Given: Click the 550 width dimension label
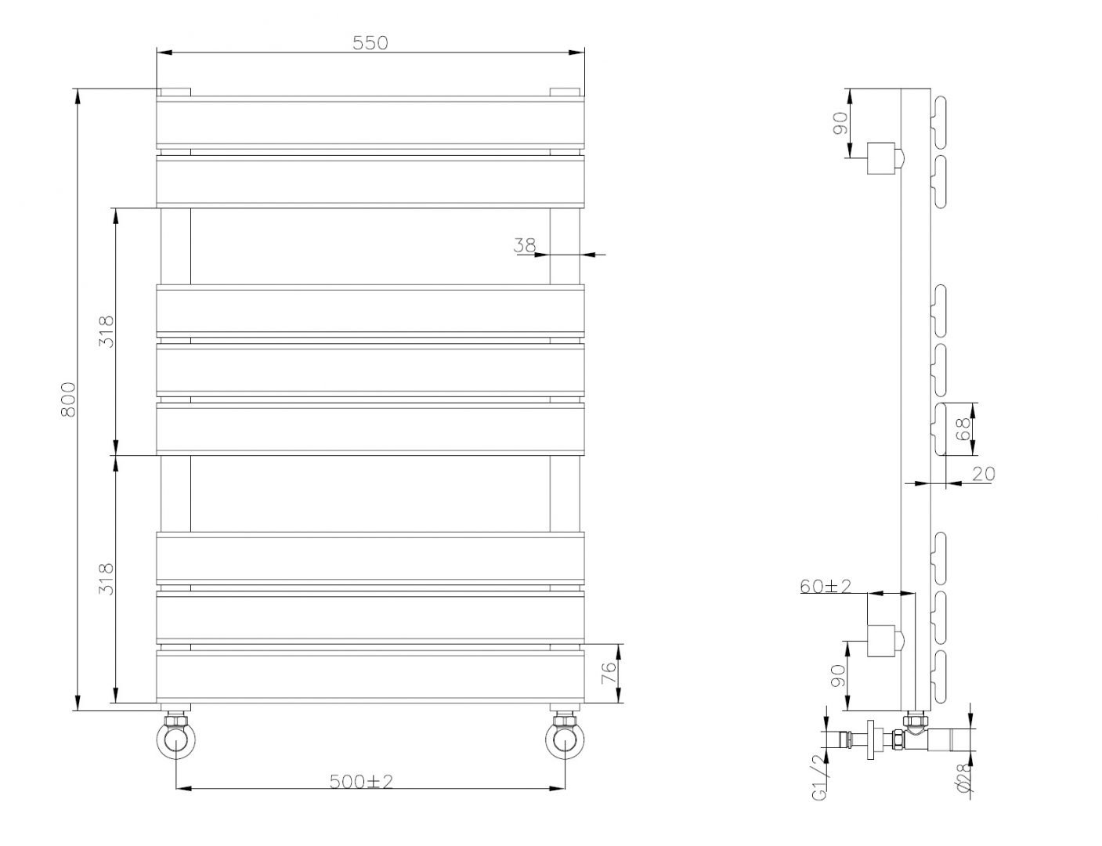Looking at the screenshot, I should coord(370,42).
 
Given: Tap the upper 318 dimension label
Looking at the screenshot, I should coord(107,331).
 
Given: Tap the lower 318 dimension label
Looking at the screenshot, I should coord(107,579).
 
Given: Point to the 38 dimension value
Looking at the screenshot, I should coord(524,245).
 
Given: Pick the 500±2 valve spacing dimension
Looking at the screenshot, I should coord(370,780).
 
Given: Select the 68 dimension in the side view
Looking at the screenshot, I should coord(963,428).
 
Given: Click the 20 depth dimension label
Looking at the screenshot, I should coord(983,473).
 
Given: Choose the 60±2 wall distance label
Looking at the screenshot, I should coord(826,586).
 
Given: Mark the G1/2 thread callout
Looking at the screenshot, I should coord(818,779).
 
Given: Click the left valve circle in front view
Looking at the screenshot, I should coord(175,740).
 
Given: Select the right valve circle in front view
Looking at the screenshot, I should coord(565,740).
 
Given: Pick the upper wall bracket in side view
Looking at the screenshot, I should coord(882,160).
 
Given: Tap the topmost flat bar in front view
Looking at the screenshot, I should coord(370,121).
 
